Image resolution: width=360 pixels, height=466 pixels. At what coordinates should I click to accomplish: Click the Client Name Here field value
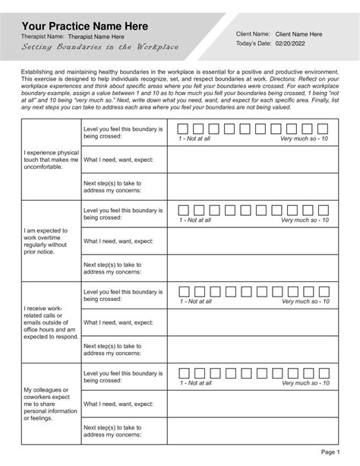(298, 34)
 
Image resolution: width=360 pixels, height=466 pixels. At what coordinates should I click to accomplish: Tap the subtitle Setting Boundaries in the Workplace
(100, 47)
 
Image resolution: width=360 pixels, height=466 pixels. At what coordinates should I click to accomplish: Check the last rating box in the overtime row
(324, 209)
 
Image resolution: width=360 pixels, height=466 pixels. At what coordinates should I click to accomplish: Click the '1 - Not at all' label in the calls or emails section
(195, 302)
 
